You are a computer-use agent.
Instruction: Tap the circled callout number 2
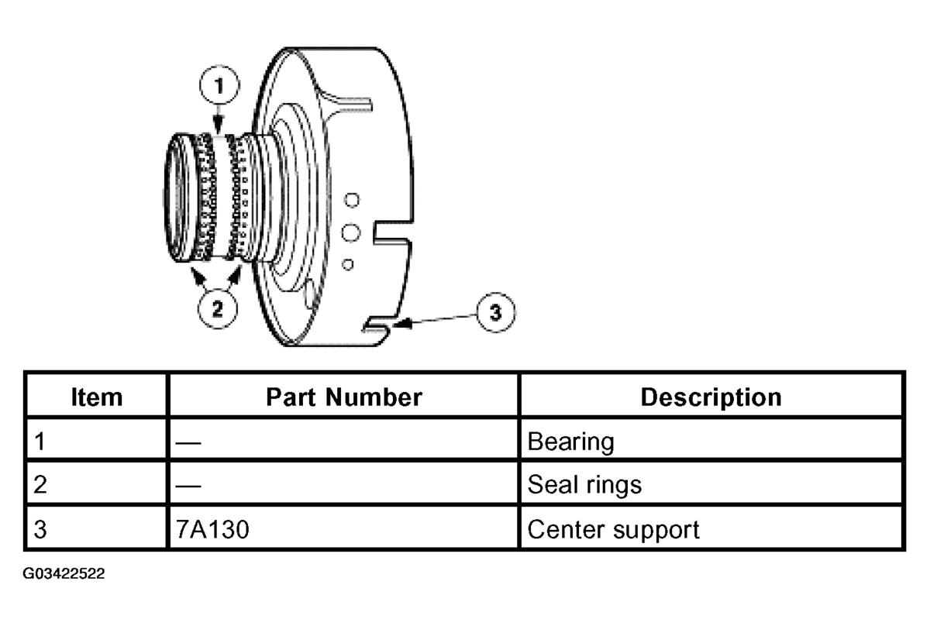coord(217,308)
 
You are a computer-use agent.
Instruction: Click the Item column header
coord(96,397)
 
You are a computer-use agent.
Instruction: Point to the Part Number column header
coord(343,397)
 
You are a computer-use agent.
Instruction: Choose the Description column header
coord(711,397)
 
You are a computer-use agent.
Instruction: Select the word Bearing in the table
coord(570,442)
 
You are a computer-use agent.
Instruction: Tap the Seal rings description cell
coord(584,485)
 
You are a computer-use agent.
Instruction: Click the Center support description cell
coord(613,529)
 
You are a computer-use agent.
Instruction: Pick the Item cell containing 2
coord(40,485)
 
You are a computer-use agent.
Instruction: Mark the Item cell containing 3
coord(40,529)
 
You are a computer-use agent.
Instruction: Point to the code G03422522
coord(64,574)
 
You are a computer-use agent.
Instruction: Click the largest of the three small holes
coord(350,232)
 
